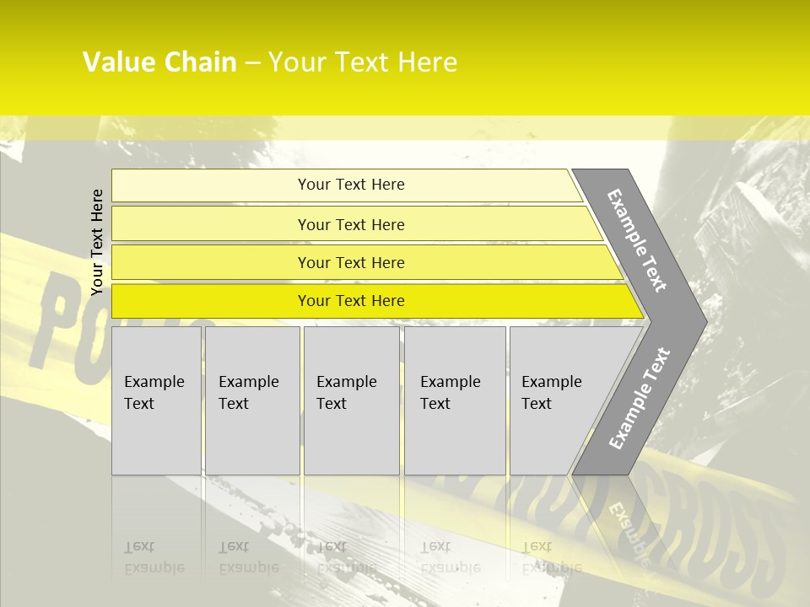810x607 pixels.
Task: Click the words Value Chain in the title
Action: tap(159, 62)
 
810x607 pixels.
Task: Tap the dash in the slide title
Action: tap(252, 63)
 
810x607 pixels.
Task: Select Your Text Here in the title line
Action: tap(363, 62)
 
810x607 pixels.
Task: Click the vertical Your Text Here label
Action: tap(97, 242)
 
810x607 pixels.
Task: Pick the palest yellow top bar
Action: tap(351, 185)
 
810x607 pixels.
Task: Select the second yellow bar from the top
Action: tap(351, 224)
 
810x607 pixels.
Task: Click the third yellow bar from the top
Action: tap(351, 262)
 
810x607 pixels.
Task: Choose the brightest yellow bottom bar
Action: tap(351, 301)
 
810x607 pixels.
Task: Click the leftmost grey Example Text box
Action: tap(156, 400)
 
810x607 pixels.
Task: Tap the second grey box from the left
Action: tap(252, 400)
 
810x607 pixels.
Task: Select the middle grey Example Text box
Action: tap(351, 400)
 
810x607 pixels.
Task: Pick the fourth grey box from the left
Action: tap(455, 400)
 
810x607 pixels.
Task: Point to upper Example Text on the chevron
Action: tap(637, 240)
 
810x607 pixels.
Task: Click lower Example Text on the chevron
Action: tap(640, 399)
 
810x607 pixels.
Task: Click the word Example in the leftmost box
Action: tap(154, 382)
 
